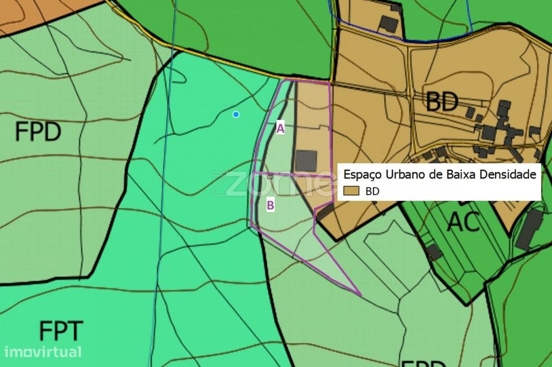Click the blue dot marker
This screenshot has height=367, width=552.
[x=236, y=114]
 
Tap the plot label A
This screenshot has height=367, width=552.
[x=280, y=129]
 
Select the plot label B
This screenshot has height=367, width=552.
[x=270, y=206]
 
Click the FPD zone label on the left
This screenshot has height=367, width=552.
[x=38, y=132]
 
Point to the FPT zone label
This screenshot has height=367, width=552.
[x=61, y=331]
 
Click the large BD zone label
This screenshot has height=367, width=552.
[x=442, y=102]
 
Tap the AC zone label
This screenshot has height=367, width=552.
[x=463, y=222]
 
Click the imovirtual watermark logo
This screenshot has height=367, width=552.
[x=43, y=352]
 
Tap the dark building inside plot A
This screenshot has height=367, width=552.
[x=306, y=160]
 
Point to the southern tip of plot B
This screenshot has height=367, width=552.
[x=359, y=294]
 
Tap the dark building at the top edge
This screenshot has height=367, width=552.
[x=390, y=23]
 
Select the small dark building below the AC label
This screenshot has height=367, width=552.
[x=434, y=252]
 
